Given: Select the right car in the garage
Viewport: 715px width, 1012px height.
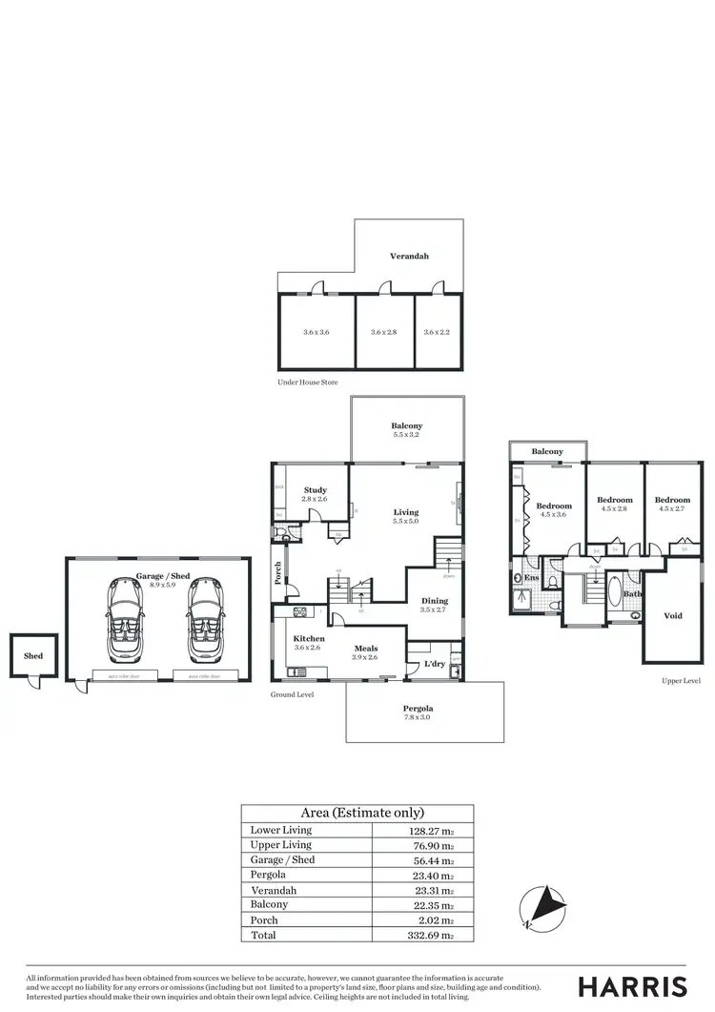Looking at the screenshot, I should [x=205, y=622].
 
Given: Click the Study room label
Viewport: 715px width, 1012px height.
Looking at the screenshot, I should [x=315, y=490].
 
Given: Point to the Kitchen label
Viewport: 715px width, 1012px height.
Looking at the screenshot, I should [x=309, y=638].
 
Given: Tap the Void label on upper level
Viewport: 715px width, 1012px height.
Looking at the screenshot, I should [x=673, y=616].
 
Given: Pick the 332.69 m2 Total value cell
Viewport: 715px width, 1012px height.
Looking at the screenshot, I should [x=421, y=936].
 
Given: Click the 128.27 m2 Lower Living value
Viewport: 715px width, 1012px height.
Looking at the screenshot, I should [x=421, y=830].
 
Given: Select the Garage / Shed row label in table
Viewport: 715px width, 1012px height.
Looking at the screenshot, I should [x=282, y=859].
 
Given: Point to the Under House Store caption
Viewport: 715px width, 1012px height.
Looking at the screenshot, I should [x=307, y=382].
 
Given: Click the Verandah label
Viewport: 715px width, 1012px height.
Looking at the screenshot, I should [x=408, y=257].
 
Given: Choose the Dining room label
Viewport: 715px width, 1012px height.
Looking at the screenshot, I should [x=434, y=601].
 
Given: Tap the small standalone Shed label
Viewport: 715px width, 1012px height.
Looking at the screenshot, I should [x=33, y=655].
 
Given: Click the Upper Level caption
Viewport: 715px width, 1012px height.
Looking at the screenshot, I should [x=681, y=681].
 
